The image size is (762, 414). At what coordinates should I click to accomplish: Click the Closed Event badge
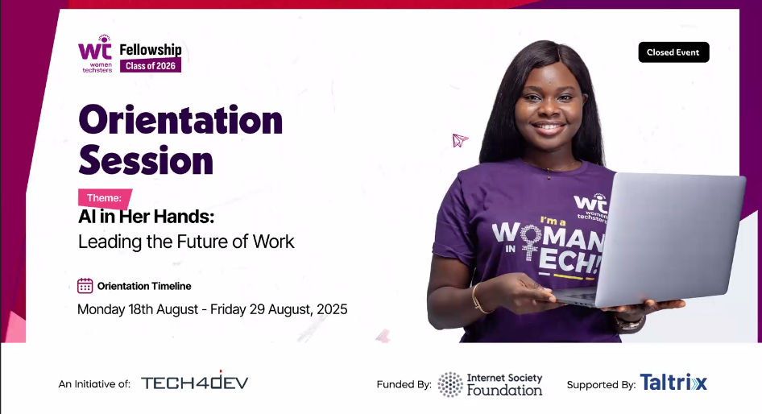pos(673,52)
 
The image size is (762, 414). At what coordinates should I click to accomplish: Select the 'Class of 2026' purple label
pos(151,65)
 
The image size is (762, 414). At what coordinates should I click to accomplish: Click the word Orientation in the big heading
pos(180,120)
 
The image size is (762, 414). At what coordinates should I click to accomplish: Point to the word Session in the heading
pos(146,160)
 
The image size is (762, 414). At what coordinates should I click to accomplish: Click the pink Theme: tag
pos(105,198)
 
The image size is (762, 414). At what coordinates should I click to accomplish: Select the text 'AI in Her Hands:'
pos(141,217)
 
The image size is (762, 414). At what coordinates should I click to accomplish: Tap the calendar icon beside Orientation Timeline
pos(85,286)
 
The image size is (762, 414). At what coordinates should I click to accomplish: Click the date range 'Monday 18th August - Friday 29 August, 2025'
pos(212,309)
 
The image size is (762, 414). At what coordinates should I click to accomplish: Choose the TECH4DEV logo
pos(194,383)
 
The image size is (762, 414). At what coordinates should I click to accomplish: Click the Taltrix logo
pos(673,383)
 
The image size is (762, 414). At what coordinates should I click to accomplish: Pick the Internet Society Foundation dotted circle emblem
pos(450,384)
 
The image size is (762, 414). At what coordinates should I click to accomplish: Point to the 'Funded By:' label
pos(404,385)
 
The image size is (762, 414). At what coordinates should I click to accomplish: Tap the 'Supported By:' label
pos(601,385)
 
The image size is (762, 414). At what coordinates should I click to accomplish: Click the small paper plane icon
pos(460,141)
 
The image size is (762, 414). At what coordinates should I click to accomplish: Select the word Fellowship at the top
pos(151,50)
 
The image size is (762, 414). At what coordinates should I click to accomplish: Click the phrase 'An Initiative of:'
pos(94,384)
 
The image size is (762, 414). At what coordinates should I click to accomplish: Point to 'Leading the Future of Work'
pos(186,241)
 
